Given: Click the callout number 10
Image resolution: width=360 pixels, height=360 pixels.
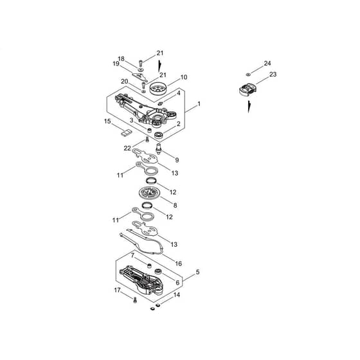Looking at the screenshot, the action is click(184, 77).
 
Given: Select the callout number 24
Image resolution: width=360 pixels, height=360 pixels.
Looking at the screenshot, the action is click(267, 64).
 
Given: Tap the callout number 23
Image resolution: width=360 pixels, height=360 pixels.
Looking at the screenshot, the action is click(273, 75).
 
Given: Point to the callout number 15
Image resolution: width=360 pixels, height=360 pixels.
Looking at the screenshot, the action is click(107, 122).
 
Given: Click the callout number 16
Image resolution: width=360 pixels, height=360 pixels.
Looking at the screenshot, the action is click(179, 264).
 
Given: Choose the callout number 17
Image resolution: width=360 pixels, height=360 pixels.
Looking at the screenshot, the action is click(117, 290).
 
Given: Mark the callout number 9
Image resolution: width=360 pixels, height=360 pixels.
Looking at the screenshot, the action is click(177, 160).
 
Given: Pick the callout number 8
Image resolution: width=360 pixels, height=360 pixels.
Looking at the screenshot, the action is click(175, 205).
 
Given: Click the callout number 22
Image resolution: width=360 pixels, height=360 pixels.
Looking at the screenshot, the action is click(127, 148).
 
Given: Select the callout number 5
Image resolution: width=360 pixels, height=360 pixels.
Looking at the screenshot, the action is click(198, 273).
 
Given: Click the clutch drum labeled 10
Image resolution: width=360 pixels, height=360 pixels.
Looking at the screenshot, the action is click(158, 88).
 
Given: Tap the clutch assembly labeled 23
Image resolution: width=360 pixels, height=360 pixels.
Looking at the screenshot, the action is click(248, 90).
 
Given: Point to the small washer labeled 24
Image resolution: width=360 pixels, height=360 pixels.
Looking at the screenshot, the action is click(248, 75).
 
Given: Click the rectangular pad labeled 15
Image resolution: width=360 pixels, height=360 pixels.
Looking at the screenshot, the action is click(127, 133).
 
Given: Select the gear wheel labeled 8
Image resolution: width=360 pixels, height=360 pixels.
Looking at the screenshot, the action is click(149, 193).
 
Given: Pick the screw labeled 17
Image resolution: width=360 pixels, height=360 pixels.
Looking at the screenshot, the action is click(135, 300).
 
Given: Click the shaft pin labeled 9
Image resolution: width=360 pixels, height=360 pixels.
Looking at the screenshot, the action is click(158, 148).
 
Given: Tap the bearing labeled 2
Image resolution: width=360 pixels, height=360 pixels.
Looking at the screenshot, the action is click(159, 135).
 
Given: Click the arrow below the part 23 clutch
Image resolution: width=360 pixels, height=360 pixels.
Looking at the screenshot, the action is click(249, 107).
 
